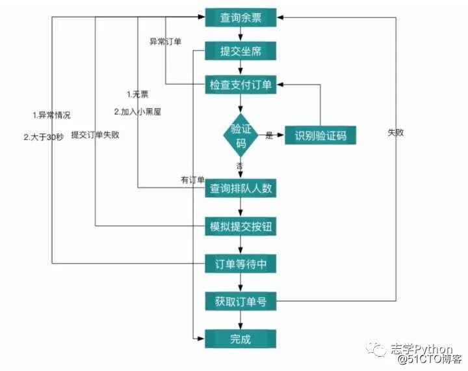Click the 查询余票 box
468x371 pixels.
coord(240,18)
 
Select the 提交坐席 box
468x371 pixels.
coord(240,51)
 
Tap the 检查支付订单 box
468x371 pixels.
coord(240,84)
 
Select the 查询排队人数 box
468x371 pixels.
coord(240,189)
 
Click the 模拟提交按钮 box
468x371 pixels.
coord(240,226)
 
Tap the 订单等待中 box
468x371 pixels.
coord(240,264)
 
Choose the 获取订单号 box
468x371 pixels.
coord(240,301)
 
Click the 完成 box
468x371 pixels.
coord(240,338)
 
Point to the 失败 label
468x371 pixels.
coord(396,132)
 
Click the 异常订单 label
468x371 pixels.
coord(166,42)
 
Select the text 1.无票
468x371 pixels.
coord(138,95)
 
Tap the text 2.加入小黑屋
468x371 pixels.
coord(137,111)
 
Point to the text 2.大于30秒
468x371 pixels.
coord(44,137)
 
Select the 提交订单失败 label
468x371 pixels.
coord(95,135)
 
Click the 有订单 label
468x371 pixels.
coord(192,179)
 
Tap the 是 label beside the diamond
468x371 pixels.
coord(269,135)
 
